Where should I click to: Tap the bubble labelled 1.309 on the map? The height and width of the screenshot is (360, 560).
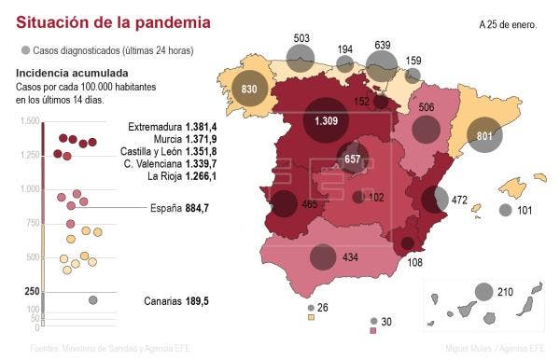click(x=326, y=120)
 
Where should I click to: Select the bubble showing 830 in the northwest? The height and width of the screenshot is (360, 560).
click(x=249, y=89)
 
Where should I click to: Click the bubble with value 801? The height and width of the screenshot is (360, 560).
click(x=484, y=136)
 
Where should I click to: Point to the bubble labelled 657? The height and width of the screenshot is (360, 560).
click(x=353, y=159)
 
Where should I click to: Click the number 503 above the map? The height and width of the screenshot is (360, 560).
click(x=301, y=39)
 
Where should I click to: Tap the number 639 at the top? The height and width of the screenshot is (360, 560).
click(x=382, y=45)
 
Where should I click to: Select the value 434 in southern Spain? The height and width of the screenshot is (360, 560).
click(x=350, y=256)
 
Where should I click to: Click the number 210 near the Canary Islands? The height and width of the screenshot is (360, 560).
click(x=506, y=292)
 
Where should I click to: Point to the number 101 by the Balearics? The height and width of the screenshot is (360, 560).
click(x=524, y=210)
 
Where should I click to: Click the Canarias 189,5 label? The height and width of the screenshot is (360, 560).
click(x=176, y=301)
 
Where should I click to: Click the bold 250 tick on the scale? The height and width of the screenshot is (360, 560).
click(x=32, y=291)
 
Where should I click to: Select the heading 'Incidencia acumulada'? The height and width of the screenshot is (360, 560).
click(x=72, y=73)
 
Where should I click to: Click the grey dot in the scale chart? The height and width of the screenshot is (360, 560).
click(x=92, y=300)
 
